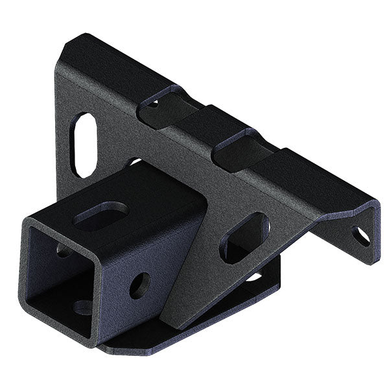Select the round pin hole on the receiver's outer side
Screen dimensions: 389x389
coord(139,285)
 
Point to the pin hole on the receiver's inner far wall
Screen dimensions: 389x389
coord(63,249)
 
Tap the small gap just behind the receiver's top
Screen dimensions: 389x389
coord(133,162)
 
